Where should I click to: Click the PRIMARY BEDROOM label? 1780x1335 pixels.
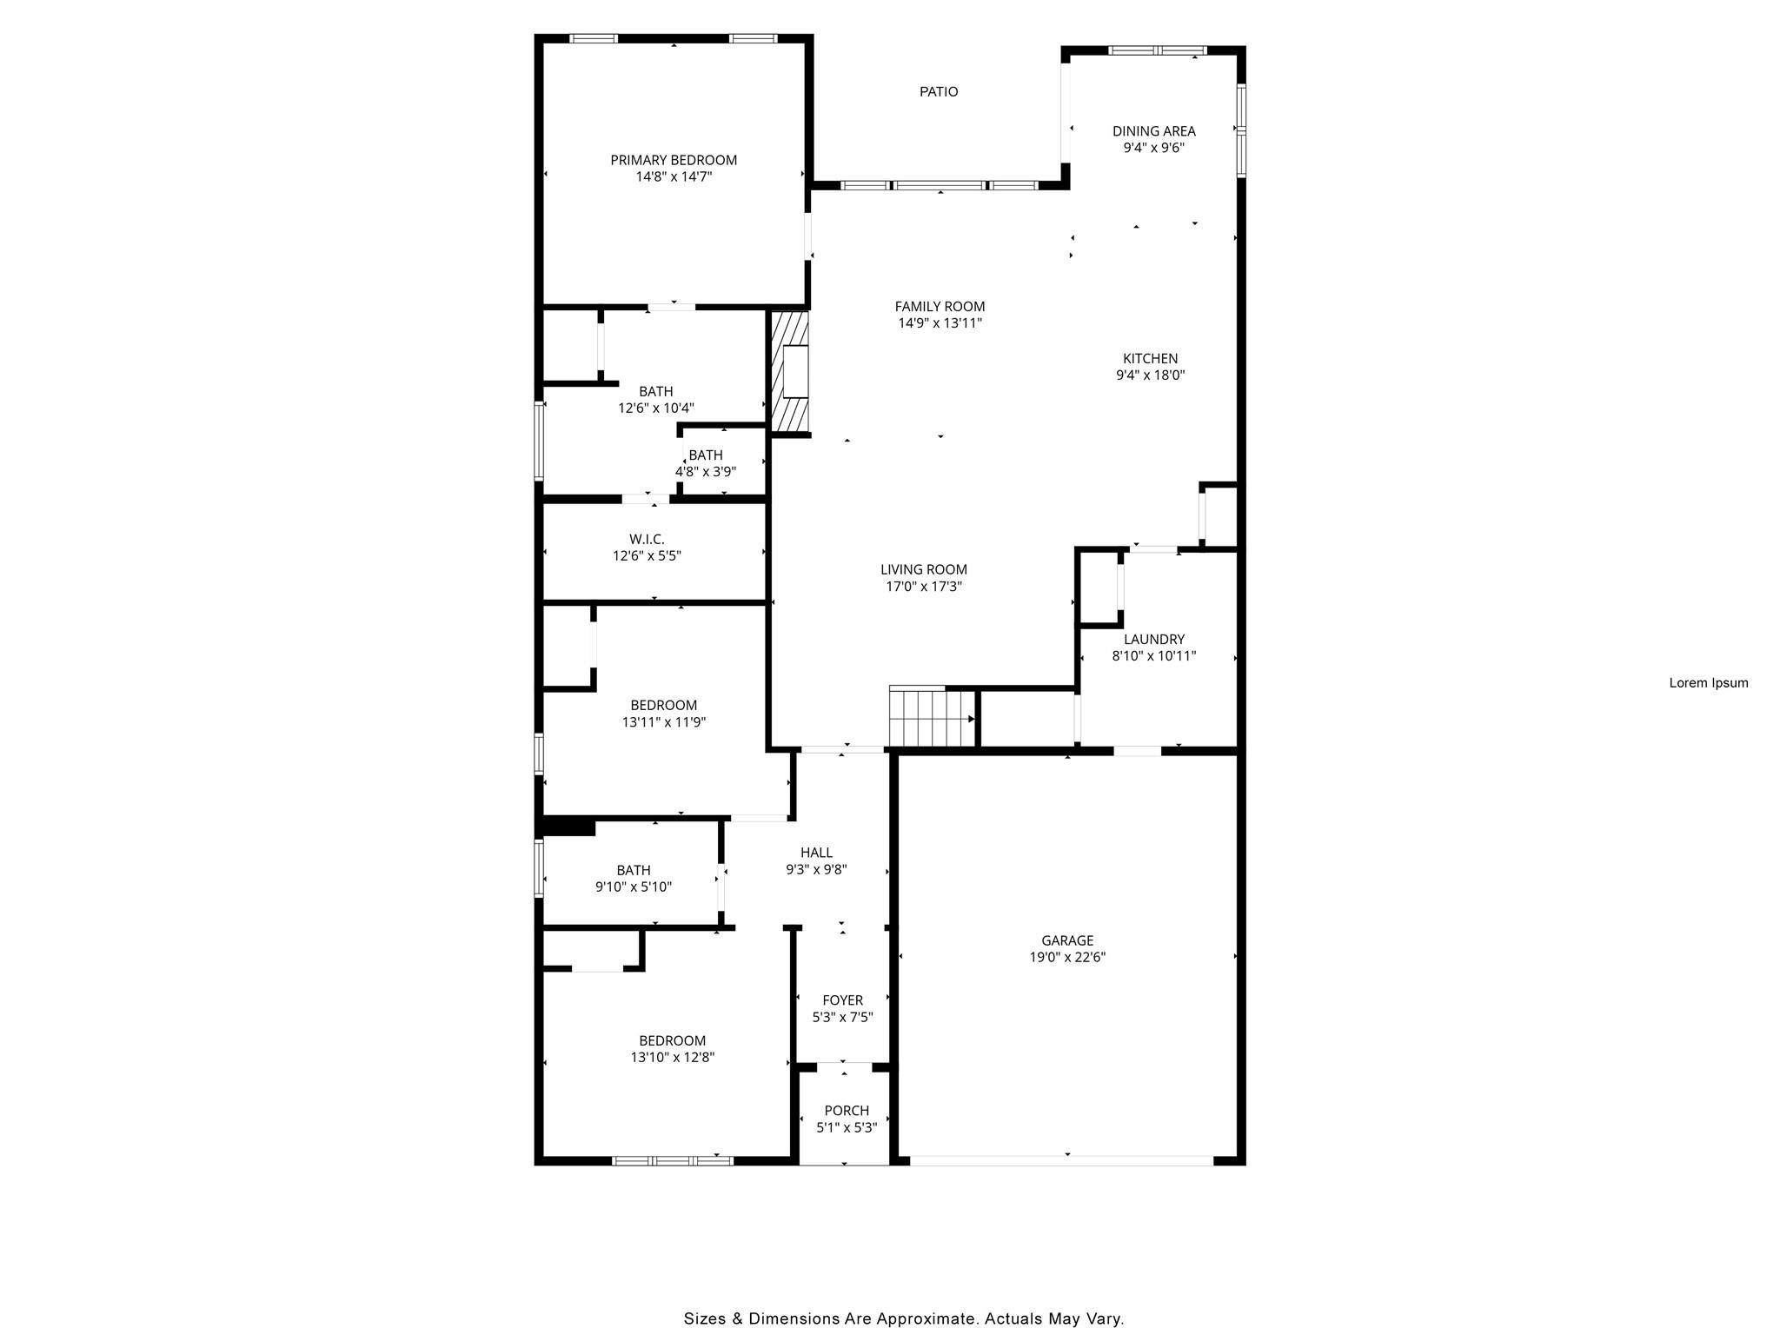pyautogui.click(x=674, y=160)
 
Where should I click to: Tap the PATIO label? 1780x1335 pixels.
pyautogui.click(x=939, y=91)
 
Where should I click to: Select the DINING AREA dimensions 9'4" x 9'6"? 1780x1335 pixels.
pyautogui.click(x=1153, y=148)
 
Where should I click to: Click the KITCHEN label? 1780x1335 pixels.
pyautogui.click(x=1150, y=358)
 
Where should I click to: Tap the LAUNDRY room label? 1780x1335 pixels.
pyautogui.click(x=1153, y=639)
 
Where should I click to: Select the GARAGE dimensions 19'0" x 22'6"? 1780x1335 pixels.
pyautogui.click(x=1067, y=957)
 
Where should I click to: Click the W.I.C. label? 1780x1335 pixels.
pyautogui.click(x=647, y=539)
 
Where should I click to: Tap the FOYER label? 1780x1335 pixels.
pyautogui.click(x=842, y=1000)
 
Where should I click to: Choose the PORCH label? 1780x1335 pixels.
pyautogui.click(x=846, y=1110)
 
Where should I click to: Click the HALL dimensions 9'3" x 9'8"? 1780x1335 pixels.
pyautogui.click(x=816, y=869)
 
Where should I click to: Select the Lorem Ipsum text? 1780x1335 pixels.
pyautogui.click(x=1708, y=683)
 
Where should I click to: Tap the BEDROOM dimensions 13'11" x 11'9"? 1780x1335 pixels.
pyautogui.click(x=663, y=721)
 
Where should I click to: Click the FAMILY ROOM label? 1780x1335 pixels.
pyautogui.click(x=940, y=306)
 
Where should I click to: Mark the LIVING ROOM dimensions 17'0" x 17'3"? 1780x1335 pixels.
pyautogui.click(x=923, y=587)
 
